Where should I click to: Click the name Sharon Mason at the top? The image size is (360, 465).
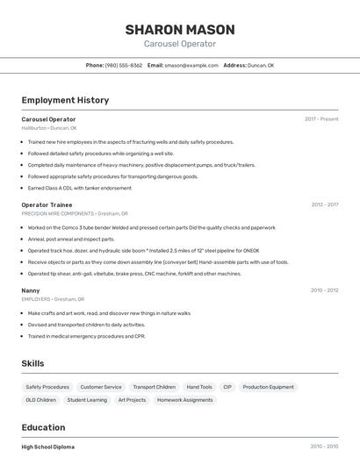point(179,28)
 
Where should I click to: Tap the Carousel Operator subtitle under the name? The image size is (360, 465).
point(179,44)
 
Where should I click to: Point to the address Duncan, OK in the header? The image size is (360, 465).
point(261,65)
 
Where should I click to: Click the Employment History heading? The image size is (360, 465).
point(65,100)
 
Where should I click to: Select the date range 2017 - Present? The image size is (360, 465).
point(321,118)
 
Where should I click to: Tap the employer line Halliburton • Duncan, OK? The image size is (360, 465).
point(49,128)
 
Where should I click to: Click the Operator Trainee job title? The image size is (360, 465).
point(47,204)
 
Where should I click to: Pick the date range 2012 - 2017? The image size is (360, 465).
point(324,204)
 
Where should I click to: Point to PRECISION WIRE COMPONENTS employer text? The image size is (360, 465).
point(58,213)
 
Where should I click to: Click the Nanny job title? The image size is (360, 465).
point(31,290)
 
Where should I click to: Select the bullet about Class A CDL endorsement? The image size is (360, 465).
point(68,187)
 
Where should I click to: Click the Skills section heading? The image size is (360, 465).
point(32,363)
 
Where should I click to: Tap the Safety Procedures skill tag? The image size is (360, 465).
point(47,387)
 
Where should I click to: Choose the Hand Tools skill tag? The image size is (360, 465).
point(199,387)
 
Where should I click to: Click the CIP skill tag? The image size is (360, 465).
point(227,387)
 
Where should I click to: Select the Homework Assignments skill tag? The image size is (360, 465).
point(185,400)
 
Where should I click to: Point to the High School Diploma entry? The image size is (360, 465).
point(48,447)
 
